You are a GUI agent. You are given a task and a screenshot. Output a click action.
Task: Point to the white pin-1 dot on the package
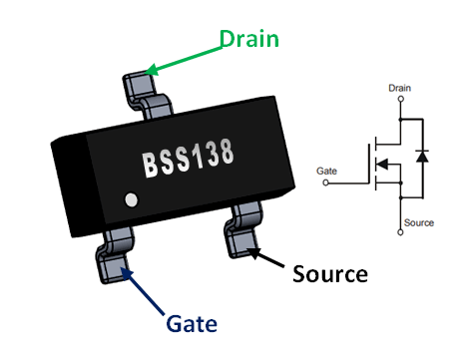pyautogui.click(x=129, y=200)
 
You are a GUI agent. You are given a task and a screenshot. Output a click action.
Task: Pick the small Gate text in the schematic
pyautogui.click(x=326, y=172)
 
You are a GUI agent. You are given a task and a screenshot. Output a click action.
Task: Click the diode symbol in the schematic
pyautogui.click(x=423, y=157)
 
